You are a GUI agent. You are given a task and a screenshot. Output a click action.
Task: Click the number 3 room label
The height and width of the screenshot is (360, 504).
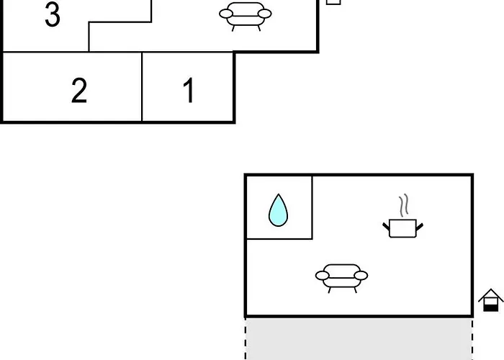53,15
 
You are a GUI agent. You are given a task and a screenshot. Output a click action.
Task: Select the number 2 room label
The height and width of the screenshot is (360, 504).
79,90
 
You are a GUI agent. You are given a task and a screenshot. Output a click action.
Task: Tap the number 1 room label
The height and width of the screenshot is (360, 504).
189,90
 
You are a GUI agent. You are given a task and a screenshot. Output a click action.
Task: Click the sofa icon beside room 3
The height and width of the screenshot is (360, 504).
246,16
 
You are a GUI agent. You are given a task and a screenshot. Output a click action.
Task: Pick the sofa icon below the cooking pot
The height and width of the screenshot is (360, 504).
342,278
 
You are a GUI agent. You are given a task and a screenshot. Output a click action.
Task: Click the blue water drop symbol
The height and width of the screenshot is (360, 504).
279,210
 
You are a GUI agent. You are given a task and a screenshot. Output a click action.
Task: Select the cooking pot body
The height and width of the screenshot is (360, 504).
402,228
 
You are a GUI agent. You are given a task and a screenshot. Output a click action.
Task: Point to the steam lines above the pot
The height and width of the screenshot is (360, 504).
404,204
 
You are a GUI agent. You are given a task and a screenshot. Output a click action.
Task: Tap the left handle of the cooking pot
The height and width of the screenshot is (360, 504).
386,226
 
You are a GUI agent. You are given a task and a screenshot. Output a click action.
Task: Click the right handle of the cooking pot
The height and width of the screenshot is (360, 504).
420,227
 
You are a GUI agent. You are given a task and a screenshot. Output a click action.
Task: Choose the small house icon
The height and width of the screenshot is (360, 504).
490,300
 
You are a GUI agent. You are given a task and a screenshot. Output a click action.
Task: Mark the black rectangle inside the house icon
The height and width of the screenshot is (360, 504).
490,308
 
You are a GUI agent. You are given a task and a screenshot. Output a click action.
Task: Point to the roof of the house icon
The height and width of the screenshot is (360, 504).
490,294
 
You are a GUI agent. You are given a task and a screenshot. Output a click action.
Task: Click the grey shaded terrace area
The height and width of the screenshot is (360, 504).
359,339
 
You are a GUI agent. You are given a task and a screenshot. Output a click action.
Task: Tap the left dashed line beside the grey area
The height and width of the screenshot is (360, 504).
246,339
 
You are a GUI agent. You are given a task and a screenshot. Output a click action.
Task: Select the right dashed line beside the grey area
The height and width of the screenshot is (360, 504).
472,339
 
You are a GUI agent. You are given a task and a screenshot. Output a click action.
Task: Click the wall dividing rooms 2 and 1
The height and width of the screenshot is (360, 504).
142,87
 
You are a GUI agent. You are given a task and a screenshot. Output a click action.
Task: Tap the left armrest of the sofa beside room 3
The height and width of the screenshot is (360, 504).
226,14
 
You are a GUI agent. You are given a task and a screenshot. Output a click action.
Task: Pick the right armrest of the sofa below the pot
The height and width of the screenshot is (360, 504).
361,276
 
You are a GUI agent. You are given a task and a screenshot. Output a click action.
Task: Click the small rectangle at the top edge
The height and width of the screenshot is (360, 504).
333,2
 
